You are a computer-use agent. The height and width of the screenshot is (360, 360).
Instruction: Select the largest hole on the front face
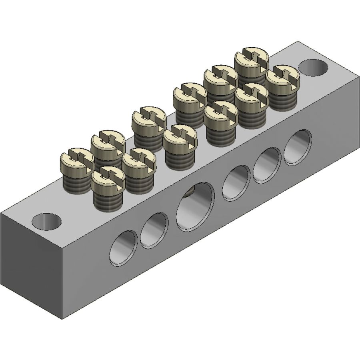195,207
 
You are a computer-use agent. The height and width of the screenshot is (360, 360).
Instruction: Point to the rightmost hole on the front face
298,146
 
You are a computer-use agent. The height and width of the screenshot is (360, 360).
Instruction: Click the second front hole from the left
154,230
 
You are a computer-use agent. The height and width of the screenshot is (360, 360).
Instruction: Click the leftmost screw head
77,159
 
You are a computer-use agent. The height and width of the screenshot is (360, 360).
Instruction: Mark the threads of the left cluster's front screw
107,198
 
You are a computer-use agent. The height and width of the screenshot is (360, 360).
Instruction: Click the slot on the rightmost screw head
283,76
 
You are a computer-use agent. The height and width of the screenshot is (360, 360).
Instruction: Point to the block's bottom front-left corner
64,319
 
